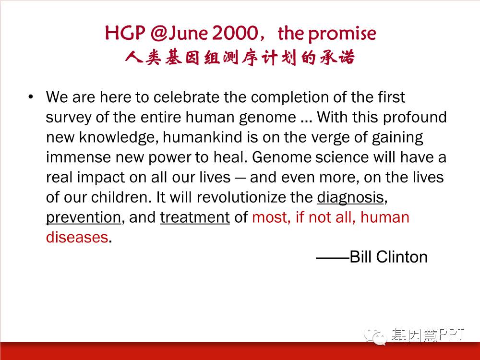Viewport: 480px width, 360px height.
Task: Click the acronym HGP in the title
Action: pos(125,33)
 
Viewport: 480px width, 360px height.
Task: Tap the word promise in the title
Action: pos(342,34)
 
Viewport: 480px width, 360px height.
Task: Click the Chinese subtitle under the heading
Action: pos(240,57)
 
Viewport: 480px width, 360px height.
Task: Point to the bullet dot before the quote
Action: pos(30,97)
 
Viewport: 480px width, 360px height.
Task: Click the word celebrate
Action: pos(186,97)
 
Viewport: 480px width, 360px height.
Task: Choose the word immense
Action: pos(78,157)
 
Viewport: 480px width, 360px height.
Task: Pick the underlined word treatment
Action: pos(195,217)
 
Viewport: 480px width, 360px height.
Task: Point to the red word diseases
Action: pos(77,238)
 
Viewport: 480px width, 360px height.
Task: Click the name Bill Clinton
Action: pos(388,257)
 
